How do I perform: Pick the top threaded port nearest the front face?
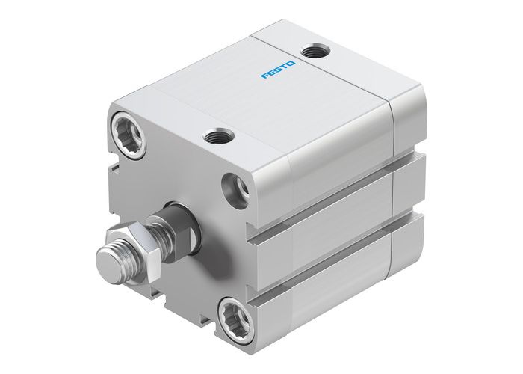tap(217, 136)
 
